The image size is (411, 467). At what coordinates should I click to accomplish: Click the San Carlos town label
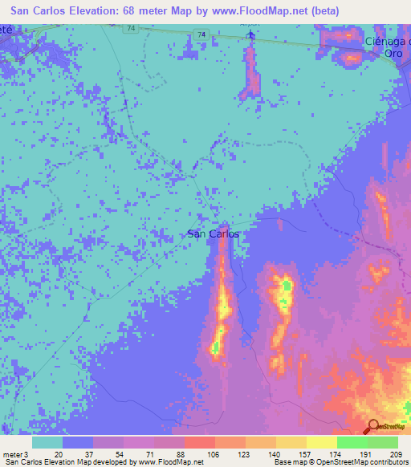click(x=213, y=234)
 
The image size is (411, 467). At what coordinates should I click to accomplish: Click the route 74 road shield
click(x=203, y=35)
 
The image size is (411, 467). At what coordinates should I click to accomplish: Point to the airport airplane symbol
click(x=251, y=35)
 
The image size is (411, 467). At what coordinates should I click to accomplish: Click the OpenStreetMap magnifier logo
click(x=372, y=426)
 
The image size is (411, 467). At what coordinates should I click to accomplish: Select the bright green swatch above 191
click(x=352, y=442)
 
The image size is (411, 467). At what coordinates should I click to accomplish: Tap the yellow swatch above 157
click(x=291, y=442)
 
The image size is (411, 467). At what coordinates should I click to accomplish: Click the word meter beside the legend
click(x=11, y=453)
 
